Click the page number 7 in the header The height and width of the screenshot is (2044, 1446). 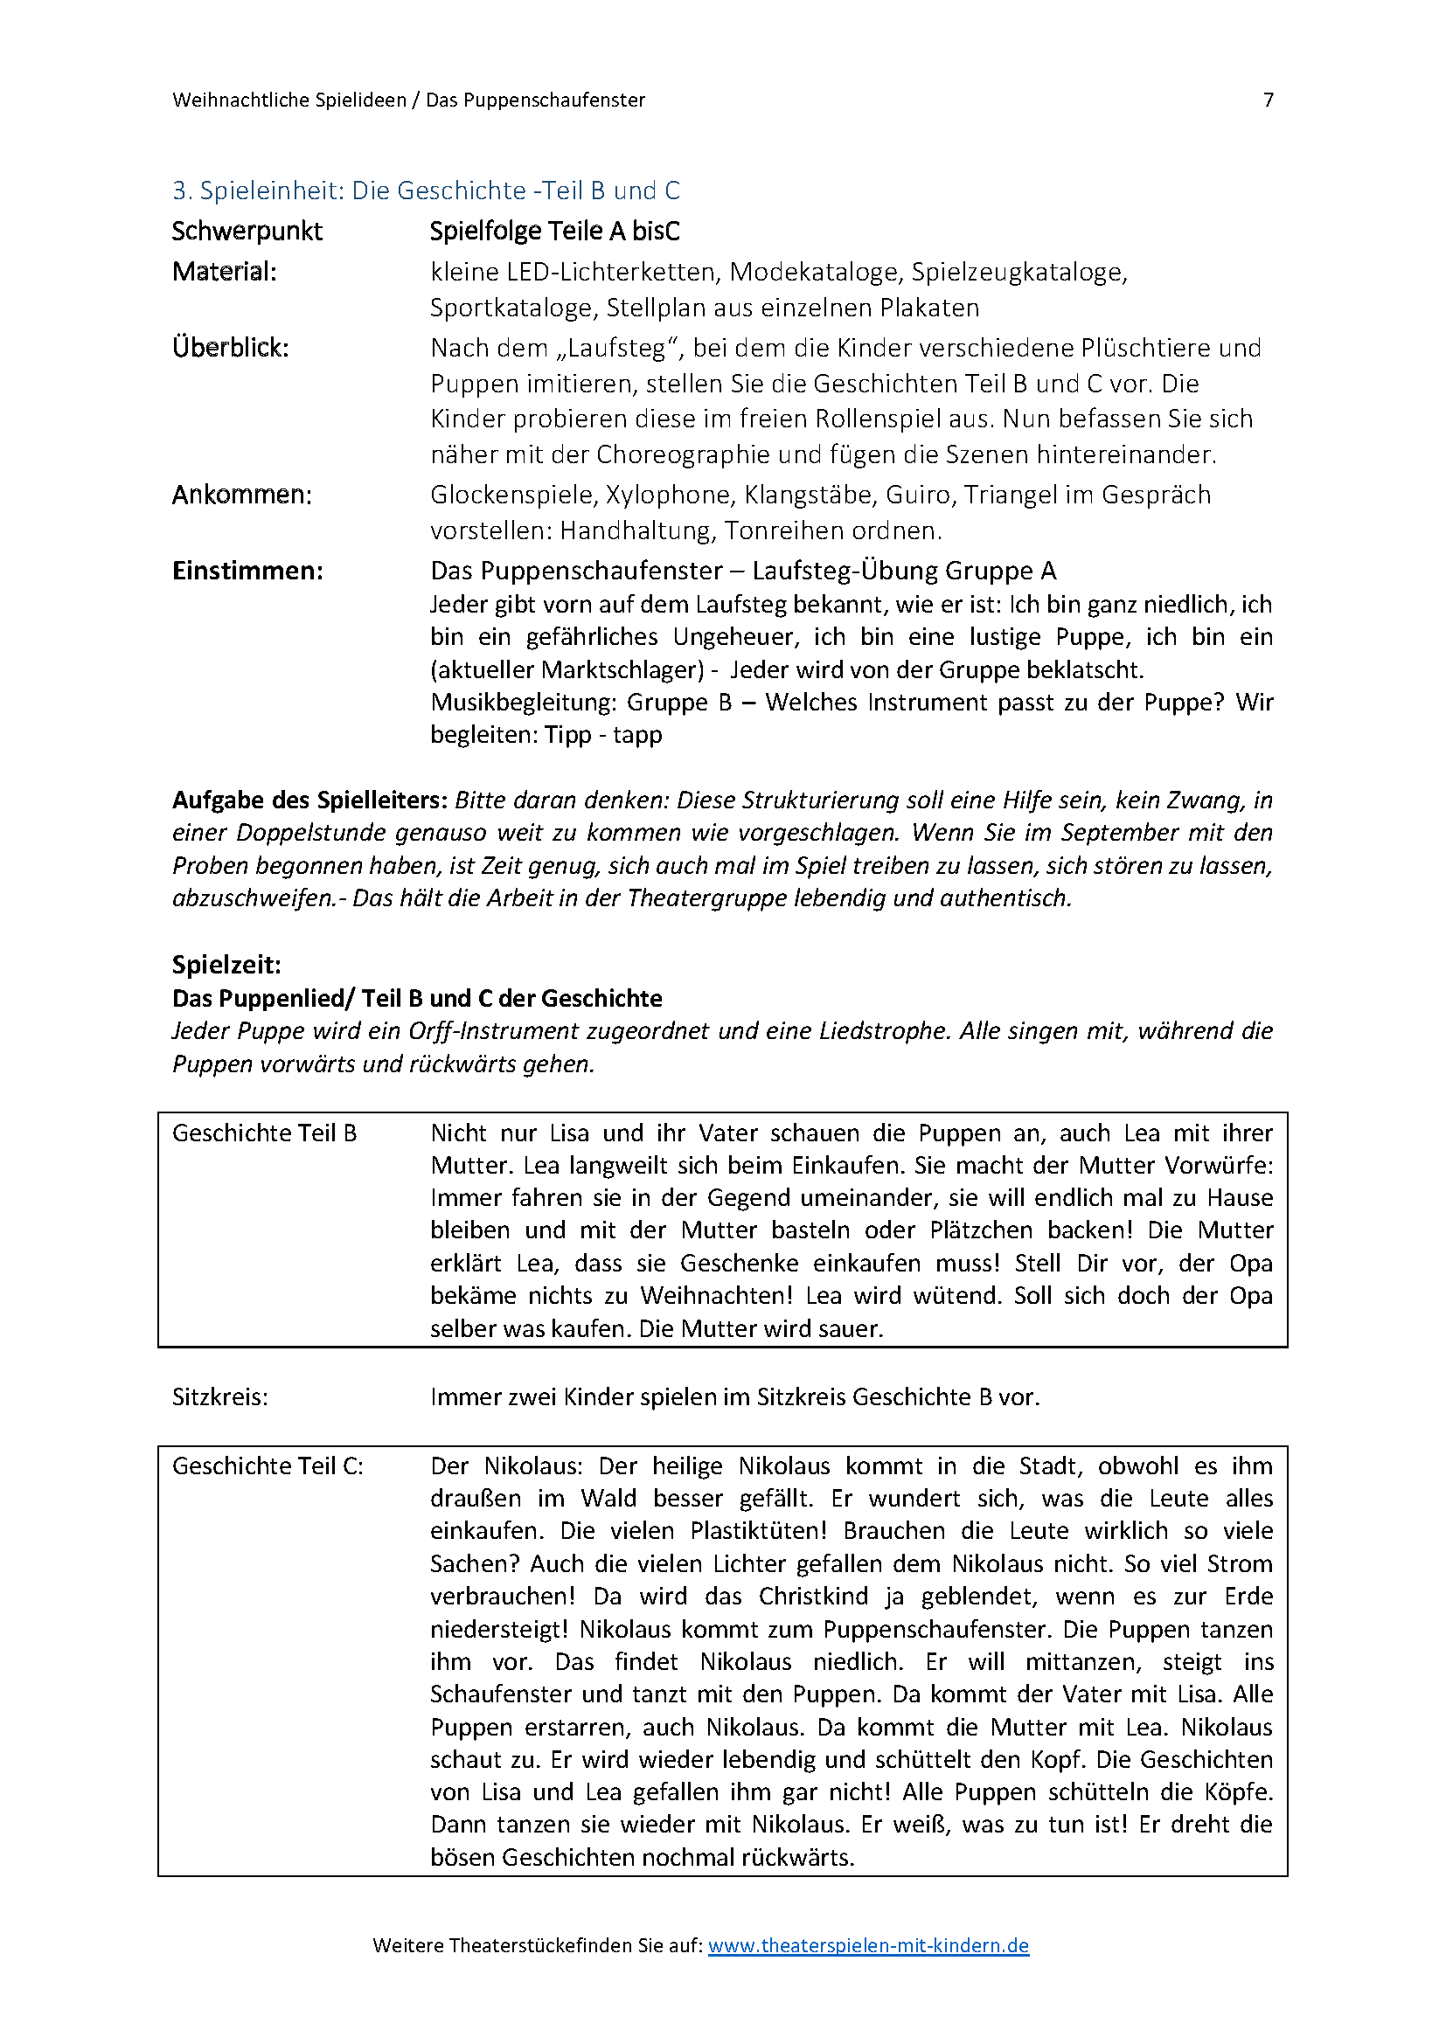1268,100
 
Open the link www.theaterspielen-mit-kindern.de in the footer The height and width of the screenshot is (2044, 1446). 868,1945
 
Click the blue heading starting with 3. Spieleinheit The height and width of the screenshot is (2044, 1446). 426,191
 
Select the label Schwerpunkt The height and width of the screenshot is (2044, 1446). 247,232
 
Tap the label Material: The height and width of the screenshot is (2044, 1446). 225,272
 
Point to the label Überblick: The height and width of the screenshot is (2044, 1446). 231,348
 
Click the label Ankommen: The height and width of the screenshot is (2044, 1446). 242,495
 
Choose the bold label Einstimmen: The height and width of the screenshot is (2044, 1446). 247,571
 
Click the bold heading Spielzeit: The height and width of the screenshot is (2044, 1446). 226,965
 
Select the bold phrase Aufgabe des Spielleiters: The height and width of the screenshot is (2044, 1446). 309,800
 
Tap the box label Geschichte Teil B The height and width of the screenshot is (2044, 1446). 264,1133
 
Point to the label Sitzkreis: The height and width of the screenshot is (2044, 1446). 220,1396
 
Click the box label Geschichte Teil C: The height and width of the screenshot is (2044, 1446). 268,1466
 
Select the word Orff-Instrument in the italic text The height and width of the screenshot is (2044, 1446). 494,1031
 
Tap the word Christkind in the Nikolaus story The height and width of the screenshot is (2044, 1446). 815,1597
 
